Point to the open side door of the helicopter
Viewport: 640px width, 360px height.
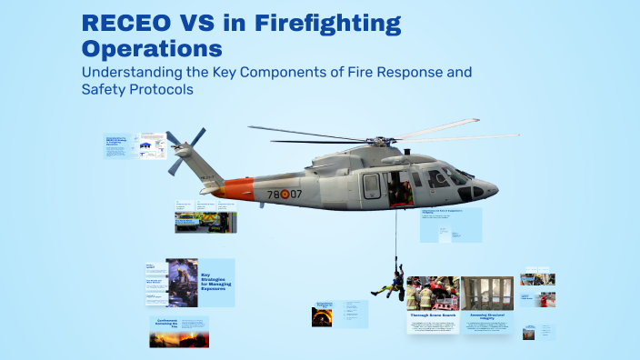coord(397,187)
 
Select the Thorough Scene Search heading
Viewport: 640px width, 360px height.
coord(432,315)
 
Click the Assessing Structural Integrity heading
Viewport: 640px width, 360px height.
coord(487,315)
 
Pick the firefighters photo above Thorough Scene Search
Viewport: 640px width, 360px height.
coord(432,293)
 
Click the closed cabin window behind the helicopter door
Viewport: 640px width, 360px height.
coord(372,185)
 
